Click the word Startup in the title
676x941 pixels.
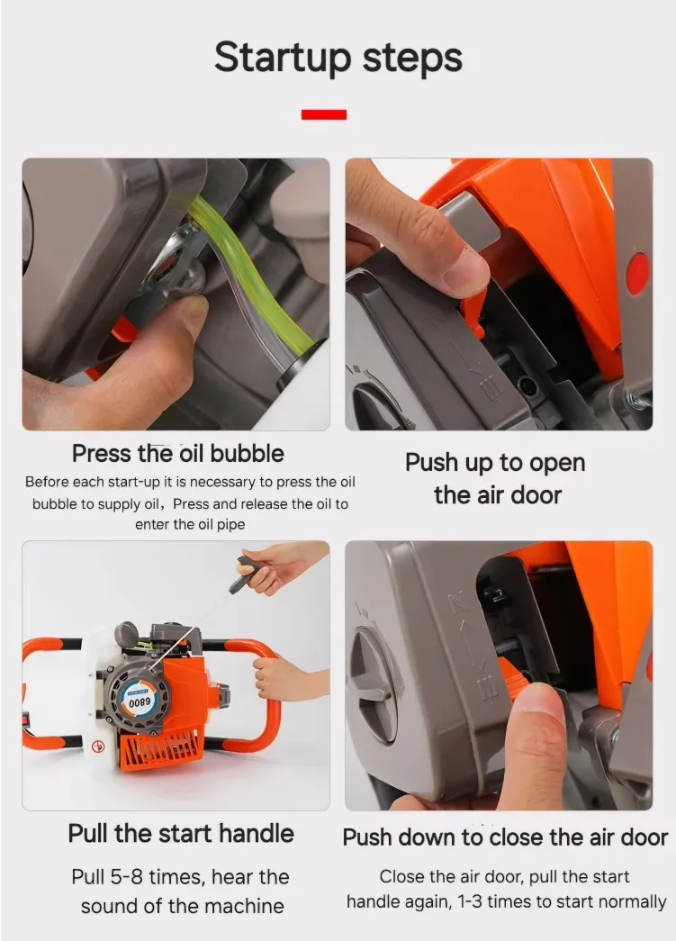[283, 59]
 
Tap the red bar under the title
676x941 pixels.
[324, 114]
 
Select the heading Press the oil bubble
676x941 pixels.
[178, 454]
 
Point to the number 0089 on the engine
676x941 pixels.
[140, 701]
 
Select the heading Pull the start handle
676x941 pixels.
[181, 834]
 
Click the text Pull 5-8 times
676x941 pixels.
[139, 877]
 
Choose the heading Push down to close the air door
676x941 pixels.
[505, 837]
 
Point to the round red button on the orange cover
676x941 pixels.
[637, 273]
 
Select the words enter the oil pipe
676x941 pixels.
[190, 524]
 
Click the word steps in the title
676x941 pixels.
[412, 59]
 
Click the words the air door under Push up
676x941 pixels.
[497, 495]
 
